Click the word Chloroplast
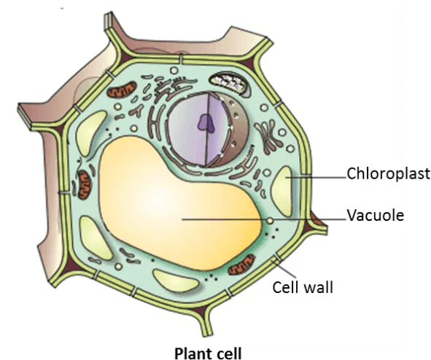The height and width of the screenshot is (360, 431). tap(388, 173)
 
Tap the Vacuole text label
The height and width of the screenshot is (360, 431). tap(375, 215)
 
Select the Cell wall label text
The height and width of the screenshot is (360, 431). tap(303, 288)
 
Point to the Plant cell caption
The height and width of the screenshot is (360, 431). tap(209, 353)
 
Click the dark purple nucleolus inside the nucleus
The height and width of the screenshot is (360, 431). tap(206, 122)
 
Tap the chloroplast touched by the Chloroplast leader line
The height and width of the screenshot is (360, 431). tap(282, 192)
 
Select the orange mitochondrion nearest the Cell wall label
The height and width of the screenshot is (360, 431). tap(242, 265)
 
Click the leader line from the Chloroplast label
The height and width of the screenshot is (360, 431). tap(316, 177)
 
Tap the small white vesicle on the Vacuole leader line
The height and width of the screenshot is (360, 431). tap(271, 221)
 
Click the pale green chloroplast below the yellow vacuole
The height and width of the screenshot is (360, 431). tap(175, 280)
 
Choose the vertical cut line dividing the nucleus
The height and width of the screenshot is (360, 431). tap(207, 130)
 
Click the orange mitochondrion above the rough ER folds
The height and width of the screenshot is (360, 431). tap(122, 89)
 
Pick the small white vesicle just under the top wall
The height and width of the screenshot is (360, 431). tap(174, 70)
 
